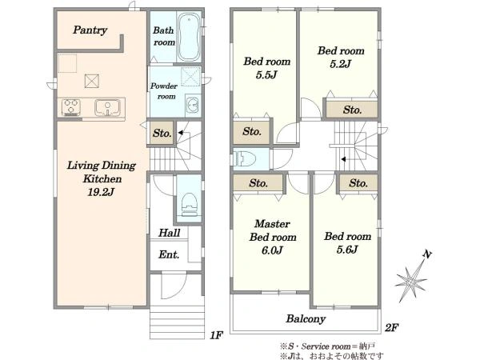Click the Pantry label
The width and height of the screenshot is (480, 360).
[x=90, y=30]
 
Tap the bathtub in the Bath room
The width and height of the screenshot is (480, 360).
[x=189, y=37]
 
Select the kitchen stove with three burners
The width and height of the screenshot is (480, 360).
[x=71, y=107]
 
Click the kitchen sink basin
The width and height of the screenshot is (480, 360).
[x=107, y=107]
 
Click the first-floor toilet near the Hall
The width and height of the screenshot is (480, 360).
[x=189, y=204]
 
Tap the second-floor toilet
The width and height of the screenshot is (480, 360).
[x=244, y=158]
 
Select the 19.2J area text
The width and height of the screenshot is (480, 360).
[x=101, y=192]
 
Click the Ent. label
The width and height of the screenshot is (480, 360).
[x=169, y=254]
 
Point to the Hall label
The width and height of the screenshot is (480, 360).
[x=170, y=233]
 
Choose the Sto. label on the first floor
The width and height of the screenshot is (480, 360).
[x=162, y=133]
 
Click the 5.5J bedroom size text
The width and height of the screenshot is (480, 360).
[x=266, y=74]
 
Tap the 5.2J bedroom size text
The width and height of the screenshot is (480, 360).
[x=340, y=64]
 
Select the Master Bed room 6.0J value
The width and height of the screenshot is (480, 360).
[x=272, y=250]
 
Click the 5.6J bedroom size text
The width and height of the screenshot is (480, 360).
[x=347, y=250]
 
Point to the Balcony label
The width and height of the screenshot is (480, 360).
[x=306, y=319]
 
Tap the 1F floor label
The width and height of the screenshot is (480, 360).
[x=216, y=335]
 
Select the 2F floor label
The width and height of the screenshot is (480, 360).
[x=391, y=328]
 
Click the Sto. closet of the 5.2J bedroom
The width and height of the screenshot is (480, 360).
[x=352, y=110]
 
